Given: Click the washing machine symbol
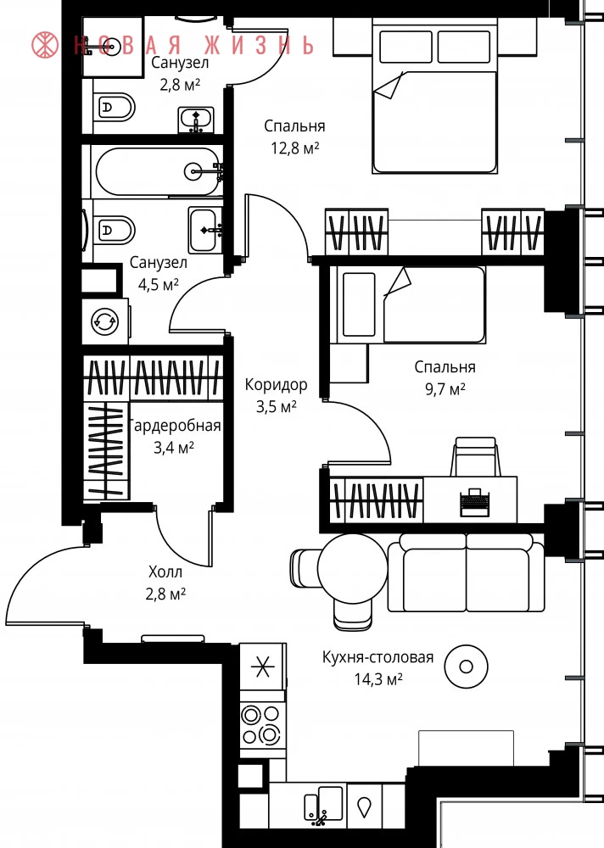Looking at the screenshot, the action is tap(105, 321).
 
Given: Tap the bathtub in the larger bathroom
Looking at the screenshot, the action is tap(157, 172).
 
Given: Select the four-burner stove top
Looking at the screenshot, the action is tap(262, 724).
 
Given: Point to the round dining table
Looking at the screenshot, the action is tap(352, 568).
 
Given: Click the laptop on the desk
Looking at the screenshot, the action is tap(474, 502).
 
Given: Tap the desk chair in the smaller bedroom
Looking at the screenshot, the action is tap(475, 456).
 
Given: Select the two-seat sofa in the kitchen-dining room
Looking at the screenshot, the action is tap(466, 572).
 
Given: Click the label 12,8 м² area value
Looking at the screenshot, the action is tap(295, 148).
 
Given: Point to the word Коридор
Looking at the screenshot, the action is tap(276, 384).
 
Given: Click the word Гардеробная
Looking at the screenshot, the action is tap(176, 426).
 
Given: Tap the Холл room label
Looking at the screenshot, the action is tap(165, 572).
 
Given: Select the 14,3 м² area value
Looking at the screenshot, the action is tap(378, 678).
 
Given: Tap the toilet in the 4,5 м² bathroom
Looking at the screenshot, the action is tap(115, 231).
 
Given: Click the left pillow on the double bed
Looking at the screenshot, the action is tap(405, 47).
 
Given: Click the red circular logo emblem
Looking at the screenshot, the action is tap(45, 45).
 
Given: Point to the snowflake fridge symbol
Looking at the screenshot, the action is tap(262, 667).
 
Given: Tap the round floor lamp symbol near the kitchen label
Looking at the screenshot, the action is tap(466, 667).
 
